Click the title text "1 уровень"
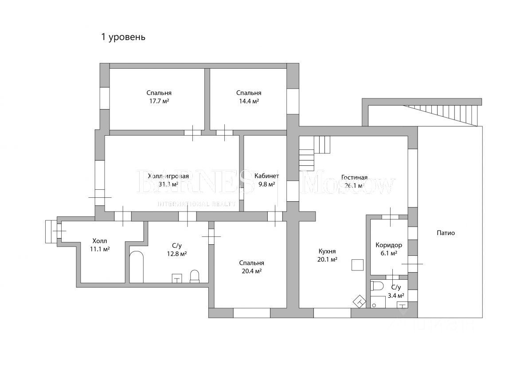[x=123, y=37]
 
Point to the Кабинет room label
[x=266, y=176]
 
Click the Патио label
[x=446, y=233]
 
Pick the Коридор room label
[x=388, y=245]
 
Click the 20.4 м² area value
[x=251, y=271]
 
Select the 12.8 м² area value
[x=176, y=254]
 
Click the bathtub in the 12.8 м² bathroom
[x=137, y=267]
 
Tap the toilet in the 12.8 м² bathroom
[x=195, y=276]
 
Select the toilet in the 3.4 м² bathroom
[x=378, y=285]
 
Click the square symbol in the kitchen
[x=357, y=265]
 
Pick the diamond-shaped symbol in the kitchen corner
[x=359, y=302]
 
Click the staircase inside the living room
[x=314, y=152]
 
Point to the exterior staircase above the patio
[x=443, y=113]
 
